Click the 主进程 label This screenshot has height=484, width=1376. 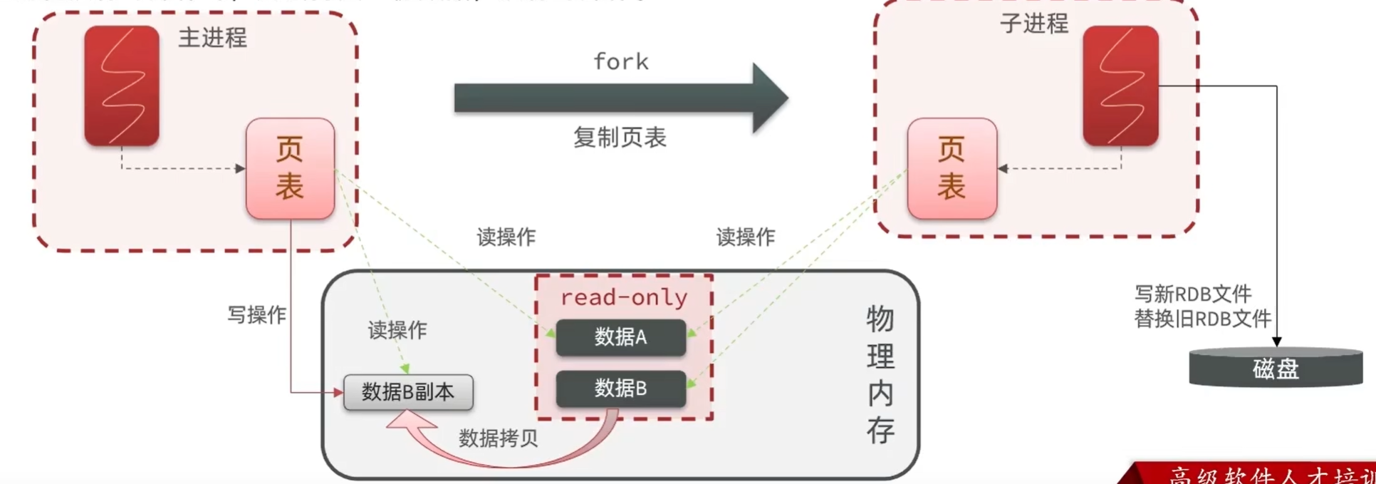coord(212,38)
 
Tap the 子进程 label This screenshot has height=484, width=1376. coord(1033,24)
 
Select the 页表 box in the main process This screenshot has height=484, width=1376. coord(290,169)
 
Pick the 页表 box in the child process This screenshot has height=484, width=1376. coord(952,169)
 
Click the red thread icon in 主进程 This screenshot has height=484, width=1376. coord(122,86)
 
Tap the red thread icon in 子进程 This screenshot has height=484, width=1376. coord(1120,86)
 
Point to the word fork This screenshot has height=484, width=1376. coord(621,62)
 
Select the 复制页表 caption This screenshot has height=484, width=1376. coord(620,138)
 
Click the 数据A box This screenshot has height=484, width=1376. coord(620,337)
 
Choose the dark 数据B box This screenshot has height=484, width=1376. coord(620,388)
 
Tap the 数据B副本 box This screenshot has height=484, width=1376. coord(408,392)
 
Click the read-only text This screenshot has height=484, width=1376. coord(624,297)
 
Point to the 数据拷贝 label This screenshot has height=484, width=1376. coord(498,438)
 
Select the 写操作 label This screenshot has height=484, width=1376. coord(256,315)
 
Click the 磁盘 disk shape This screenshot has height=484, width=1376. coord(1276,369)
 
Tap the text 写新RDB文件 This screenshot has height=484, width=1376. coord(1192,294)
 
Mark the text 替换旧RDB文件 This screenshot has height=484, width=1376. coord(1202,319)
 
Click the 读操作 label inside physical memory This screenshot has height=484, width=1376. coord(397,330)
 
